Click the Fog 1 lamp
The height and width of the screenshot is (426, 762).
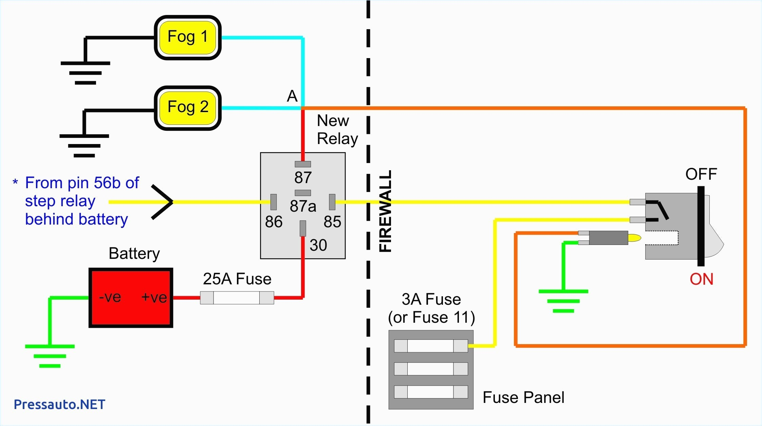187,37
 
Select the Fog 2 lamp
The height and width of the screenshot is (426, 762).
187,108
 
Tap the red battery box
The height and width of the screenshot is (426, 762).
131,298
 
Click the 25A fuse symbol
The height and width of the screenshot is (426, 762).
237,298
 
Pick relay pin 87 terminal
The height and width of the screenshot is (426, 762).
303,164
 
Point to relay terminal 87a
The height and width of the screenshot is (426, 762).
303,193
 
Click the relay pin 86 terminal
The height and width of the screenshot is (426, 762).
273,202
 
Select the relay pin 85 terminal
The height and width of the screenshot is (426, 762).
332,202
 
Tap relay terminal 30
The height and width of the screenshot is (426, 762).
303,228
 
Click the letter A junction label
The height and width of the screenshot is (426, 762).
292,96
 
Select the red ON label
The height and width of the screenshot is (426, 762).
701,279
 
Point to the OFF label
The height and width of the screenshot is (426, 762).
701,174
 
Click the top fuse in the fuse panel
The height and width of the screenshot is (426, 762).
431,346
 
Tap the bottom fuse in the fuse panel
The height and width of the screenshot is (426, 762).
431,392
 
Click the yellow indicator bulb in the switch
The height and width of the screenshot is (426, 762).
634,237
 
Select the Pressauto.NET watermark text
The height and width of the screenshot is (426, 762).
59,404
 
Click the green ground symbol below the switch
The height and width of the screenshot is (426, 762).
563,301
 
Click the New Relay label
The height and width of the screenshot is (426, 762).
337,130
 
